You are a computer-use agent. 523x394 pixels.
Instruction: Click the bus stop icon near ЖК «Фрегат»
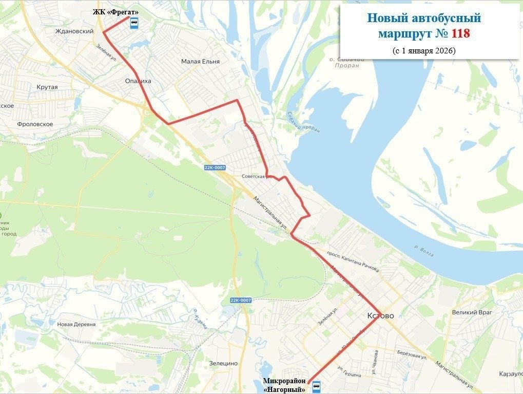coord(134,23)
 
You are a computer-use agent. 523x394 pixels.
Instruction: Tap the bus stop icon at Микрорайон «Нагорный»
coord(316,385)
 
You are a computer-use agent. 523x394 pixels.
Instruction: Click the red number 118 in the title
coord(460,34)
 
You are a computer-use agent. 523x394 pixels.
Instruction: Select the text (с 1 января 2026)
coord(424,51)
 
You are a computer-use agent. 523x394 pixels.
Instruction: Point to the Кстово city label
coord(381,315)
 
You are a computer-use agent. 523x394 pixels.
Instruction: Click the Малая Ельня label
coord(200,62)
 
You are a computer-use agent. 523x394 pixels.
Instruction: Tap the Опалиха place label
coord(138,81)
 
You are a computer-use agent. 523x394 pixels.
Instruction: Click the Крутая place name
coord(47,87)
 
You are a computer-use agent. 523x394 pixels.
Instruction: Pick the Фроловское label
coord(35,124)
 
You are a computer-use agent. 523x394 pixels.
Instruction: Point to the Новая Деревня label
coord(76,324)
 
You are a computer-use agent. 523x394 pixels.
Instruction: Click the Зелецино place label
coord(223,363)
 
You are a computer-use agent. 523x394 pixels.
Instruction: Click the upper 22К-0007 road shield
coord(215,168)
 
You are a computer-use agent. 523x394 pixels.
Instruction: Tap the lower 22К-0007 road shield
coord(241,300)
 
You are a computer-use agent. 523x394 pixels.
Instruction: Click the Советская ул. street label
coord(256,177)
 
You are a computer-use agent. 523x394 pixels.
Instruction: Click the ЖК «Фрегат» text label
coord(116,12)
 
